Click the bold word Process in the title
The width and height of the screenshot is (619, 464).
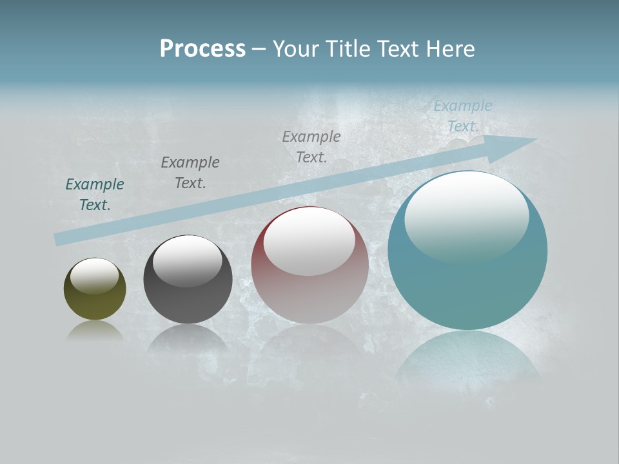[x=202, y=49]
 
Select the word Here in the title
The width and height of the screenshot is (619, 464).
[x=451, y=49]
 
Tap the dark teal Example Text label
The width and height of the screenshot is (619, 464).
[x=95, y=194]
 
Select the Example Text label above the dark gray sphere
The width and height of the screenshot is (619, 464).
[x=190, y=172]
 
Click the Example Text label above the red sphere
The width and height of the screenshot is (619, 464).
[x=311, y=146]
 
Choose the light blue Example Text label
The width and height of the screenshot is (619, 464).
[x=463, y=116]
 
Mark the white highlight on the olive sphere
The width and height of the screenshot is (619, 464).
[x=94, y=275]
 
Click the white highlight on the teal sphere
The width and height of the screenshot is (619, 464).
[x=466, y=216]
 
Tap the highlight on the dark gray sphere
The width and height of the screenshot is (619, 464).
[x=187, y=260]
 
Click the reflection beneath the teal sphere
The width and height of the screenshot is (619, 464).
[x=467, y=361]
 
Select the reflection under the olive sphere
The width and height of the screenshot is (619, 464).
[x=95, y=331]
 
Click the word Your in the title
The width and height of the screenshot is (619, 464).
[x=296, y=49]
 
